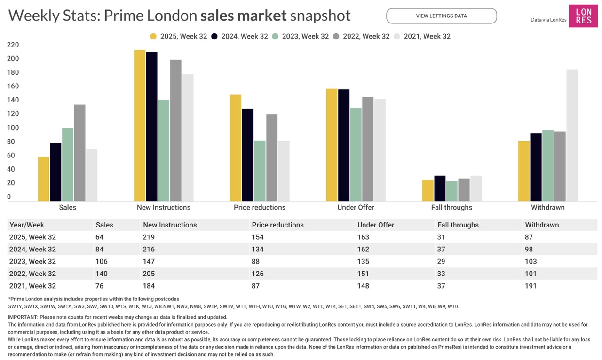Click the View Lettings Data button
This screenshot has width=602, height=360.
tap(441, 16)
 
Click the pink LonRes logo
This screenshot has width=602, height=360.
tap(583, 16)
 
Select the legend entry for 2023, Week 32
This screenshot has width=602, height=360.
tap(301, 36)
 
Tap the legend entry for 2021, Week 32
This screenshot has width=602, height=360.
tap(422, 36)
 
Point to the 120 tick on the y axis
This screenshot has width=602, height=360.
tap(13, 114)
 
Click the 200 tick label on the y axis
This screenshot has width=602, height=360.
tap(13, 59)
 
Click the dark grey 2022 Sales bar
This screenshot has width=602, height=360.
tap(79, 153)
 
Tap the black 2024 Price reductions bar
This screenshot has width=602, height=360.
tap(248, 155)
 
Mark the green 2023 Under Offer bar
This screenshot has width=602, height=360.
tap(356, 155)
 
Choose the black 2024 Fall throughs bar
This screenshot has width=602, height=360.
tap(440, 188)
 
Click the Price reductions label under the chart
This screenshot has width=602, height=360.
tap(260, 207)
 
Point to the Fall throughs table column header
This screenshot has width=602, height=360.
tap(458, 225)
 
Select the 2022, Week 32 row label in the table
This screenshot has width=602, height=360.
tap(32, 274)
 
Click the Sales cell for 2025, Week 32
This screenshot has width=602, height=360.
tap(100, 237)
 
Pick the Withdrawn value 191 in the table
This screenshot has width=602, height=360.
tap(531, 286)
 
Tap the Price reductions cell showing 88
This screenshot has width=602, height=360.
tap(256, 261)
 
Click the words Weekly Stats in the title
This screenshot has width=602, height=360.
tap(54, 16)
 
